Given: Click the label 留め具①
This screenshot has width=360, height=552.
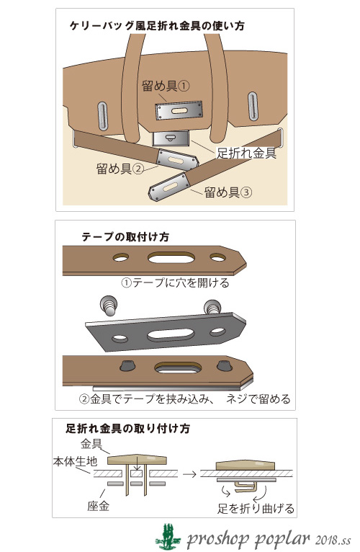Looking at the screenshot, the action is [x=166, y=86].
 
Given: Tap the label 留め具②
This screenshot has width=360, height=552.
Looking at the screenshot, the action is [x=120, y=169].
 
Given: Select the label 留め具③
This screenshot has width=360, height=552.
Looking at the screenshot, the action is [x=228, y=192].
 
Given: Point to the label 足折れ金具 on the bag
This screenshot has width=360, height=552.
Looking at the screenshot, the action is [x=246, y=153].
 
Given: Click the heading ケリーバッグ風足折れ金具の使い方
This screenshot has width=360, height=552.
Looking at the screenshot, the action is [x=157, y=26].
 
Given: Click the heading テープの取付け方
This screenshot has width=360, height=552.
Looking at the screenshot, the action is [x=125, y=236].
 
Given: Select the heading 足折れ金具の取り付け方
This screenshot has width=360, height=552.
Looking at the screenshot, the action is [x=127, y=428].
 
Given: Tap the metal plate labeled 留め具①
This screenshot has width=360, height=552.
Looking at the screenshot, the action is [x=179, y=110].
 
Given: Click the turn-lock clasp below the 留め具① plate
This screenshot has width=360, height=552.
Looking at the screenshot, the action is [x=171, y=138].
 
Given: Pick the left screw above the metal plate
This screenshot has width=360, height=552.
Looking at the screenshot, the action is [x=109, y=306].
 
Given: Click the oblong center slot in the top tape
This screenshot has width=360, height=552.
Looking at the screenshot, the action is [x=171, y=258].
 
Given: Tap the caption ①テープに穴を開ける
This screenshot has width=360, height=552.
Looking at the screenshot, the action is [x=175, y=282].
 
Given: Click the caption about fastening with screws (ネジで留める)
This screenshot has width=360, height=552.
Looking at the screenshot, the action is [x=185, y=399].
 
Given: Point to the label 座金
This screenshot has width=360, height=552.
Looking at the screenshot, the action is [x=98, y=506].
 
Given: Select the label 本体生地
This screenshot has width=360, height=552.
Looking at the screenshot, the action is [x=75, y=460].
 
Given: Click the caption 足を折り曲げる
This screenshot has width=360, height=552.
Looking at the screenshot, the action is [x=256, y=508].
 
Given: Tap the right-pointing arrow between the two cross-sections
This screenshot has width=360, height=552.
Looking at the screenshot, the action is [x=189, y=474].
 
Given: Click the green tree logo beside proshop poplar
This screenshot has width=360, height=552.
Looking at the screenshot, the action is [x=168, y=536].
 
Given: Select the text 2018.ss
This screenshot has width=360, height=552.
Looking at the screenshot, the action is [x=333, y=540].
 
